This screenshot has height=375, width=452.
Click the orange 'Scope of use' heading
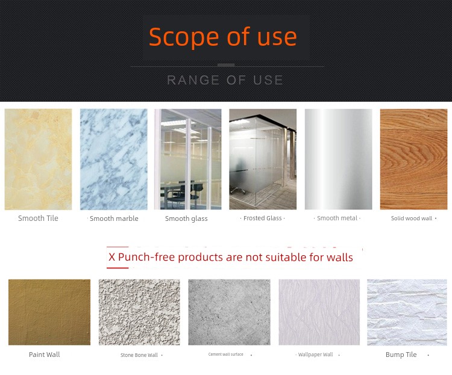click(x=223, y=37)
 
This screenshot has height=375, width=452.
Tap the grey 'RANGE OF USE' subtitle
click(x=225, y=80)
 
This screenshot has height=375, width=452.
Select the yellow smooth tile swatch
click(x=39, y=160)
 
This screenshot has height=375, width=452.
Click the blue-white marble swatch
click(x=113, y=160)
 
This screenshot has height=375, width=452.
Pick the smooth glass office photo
click(x=187, y=160)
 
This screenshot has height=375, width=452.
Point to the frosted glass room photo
click(x=263, y=160)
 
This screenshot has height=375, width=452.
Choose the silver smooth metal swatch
click(x=339, y=160)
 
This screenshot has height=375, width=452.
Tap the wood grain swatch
click(x=413, y=160)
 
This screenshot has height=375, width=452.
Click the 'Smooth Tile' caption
click(x=38, y=218)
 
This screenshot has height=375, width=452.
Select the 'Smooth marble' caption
click(x=114, y=218)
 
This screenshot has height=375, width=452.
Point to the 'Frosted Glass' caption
click(x=262, y=218)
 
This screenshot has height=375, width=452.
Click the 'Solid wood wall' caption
click(x=412, y=218)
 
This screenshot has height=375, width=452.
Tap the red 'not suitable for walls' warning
click(x=231, y=257)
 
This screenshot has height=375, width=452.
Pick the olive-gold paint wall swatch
click(x=49, y=312)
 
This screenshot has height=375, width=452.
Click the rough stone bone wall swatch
click(x=139, y=312)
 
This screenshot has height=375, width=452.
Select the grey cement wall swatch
click(x=229, y=312)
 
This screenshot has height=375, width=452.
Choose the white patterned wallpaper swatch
click(x=319, y=312)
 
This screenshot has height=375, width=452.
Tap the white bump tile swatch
click(x=407, y=312)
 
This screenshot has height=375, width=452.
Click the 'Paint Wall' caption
click(x=45, y=355)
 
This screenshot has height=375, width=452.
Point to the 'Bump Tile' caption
click(x=401, y=355)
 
